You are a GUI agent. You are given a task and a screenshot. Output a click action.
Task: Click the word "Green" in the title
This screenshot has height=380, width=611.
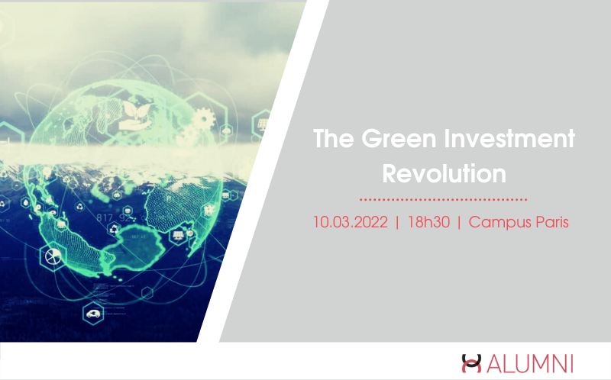click(399, 139)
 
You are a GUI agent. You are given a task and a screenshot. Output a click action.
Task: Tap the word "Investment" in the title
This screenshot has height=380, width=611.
click(509, 139)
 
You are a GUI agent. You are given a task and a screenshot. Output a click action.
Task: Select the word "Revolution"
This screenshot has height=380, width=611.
click(444, 173)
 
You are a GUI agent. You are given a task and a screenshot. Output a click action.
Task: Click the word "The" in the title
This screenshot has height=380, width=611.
click(333, 139)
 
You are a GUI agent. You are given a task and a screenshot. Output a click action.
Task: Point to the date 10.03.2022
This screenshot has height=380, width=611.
click(351, 222)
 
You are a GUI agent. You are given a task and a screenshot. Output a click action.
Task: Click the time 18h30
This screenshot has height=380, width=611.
click(428, 222)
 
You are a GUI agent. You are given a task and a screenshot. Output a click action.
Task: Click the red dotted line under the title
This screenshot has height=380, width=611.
click(444, 199)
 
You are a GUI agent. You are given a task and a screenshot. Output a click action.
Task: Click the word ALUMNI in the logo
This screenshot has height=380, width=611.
click(529, 364)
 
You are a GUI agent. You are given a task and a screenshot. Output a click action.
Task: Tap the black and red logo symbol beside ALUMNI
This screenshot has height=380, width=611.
click(471, 363)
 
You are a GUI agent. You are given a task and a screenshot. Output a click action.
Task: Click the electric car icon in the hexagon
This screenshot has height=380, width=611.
click(93, 314)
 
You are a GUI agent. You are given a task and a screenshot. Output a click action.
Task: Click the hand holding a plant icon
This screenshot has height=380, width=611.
click(135, 116)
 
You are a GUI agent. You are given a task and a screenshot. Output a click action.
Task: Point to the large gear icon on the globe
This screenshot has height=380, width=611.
click(203, 119)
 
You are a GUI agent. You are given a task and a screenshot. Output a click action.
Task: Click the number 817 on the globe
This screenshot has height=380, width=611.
click(105, 217)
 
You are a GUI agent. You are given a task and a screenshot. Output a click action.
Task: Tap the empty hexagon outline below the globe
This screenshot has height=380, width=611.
click(147, 293)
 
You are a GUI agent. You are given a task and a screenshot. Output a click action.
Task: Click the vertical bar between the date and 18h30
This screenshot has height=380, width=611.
click(397, 223)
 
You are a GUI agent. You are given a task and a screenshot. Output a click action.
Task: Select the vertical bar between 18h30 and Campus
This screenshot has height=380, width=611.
click(459, 223)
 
